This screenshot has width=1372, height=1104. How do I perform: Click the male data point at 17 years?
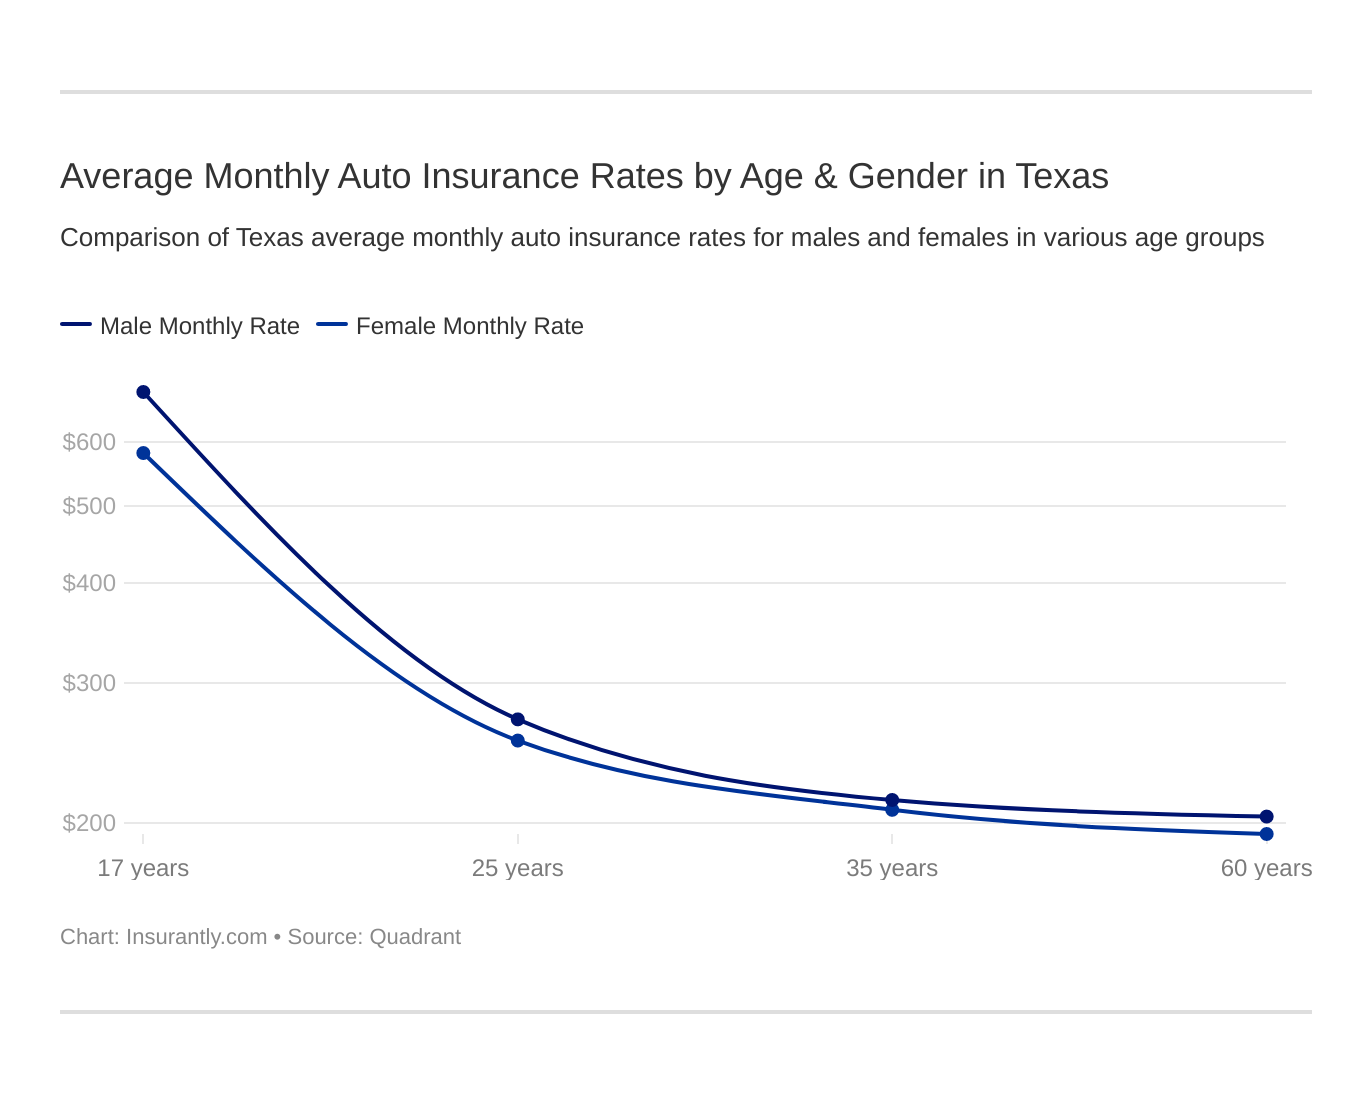tap(143, 392)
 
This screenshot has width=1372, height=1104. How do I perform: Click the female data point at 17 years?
tap(143, 453)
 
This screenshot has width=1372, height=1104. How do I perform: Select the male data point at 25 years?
tap(518, 719)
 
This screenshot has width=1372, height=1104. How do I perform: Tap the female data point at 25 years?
tap(518, 741)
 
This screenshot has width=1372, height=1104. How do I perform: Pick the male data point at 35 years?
tap(892, 800)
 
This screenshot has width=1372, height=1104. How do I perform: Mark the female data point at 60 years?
tap(1266, 834)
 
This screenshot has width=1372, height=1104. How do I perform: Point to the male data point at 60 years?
tap(1266, 816)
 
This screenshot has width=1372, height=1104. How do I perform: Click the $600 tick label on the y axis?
tap(89, 442)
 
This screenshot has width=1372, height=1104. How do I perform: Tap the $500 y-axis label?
tap(89, 506)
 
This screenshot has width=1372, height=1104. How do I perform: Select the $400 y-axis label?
tap(89, 583)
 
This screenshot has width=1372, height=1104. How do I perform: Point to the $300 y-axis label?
tap(89, 683)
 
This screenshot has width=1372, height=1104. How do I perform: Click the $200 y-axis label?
tap(89, 823)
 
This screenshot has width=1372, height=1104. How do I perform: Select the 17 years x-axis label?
tap(143, 868)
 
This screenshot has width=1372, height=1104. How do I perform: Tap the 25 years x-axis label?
tap(518, 868)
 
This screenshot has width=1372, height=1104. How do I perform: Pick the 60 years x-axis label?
tap(1266, 868)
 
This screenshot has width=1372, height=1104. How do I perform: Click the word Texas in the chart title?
tap(1062, 176)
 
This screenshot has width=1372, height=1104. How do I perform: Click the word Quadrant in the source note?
tap(415, 937)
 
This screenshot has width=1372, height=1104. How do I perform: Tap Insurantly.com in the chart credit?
tap(196, 937)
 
